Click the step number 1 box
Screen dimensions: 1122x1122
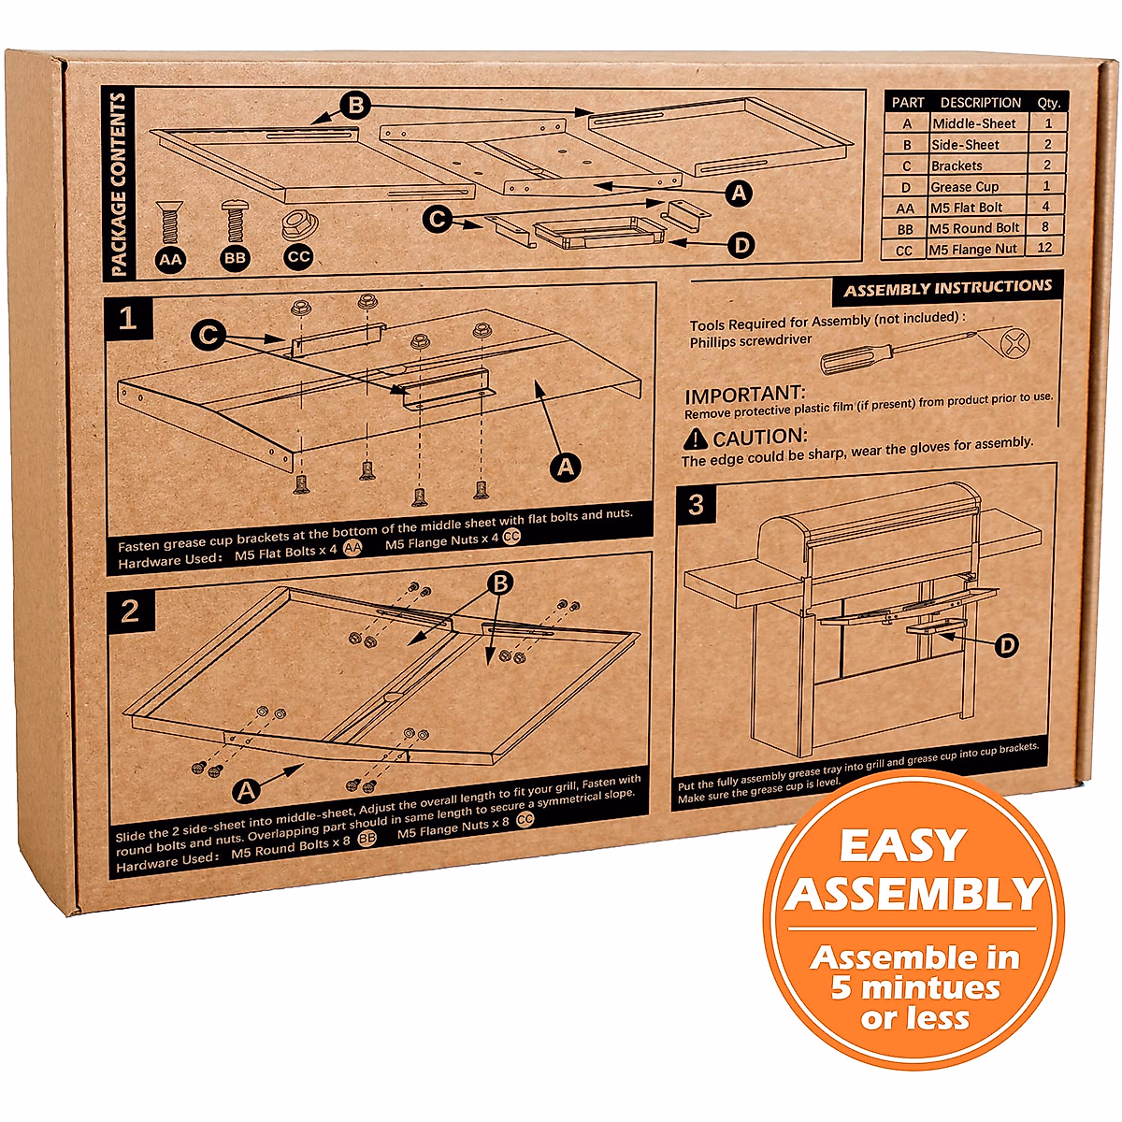click(127, 320)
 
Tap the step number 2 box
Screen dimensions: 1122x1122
click(129, 611)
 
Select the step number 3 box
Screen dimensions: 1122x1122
click(696, 505)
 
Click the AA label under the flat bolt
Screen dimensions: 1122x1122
click(171, 259)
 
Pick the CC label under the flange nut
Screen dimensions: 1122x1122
click(298, 256)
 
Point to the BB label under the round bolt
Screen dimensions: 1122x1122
click(236, 258)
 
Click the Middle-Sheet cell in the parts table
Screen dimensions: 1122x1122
click(973, 123)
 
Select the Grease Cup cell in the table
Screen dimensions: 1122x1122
click(964, 187)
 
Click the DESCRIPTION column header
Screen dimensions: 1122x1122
click(980, 103)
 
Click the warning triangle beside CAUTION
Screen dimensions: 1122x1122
click(696, 439)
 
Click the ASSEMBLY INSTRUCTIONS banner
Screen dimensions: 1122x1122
click(947, 289)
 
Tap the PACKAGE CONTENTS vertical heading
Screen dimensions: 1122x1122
click(119, 184)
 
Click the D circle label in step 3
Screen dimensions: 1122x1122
click(1006, 645)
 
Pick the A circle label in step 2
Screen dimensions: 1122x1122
click(246, 791)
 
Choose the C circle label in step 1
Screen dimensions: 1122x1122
click(209, 335)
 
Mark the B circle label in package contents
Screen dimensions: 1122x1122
click(355, 106)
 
